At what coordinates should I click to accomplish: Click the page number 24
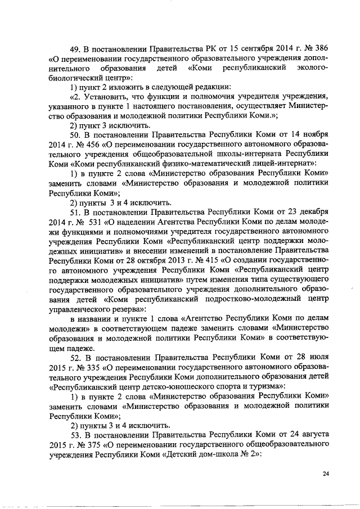[x=326, y=474]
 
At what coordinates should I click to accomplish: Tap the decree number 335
[x=83, y=367]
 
